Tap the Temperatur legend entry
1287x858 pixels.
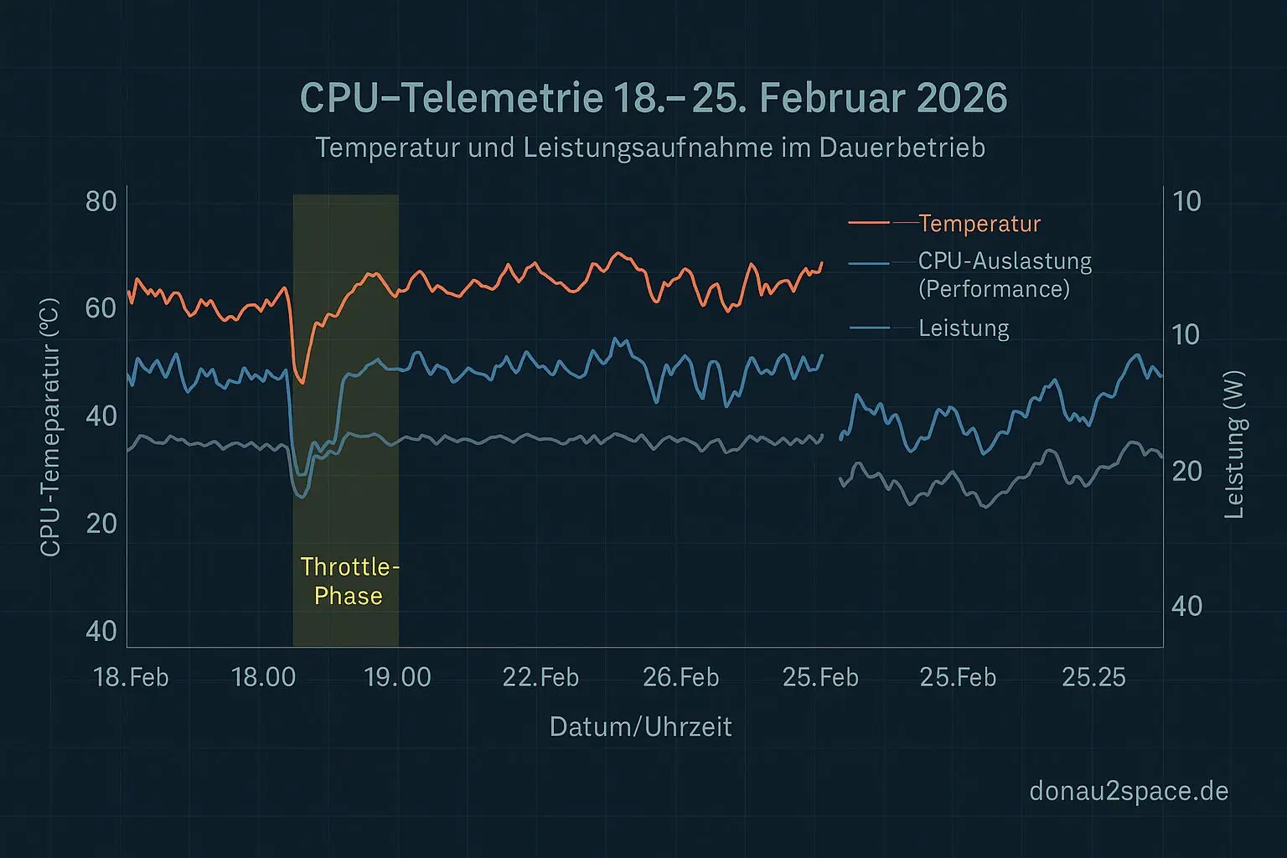pyautogui.click(x=979, y=224)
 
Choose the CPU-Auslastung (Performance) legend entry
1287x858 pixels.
pyautogui.click(x=1004, y=275)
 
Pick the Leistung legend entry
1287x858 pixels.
pyautogui.click(x=964, y=328)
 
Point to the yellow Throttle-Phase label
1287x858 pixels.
pyautogui.click(x=349, y=581)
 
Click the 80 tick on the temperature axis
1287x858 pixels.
pyautogui.click(x=101, y=202)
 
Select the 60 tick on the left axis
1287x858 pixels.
pyautogui.click(x=101, y=308)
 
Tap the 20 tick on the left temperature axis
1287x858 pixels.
pyautogui.click(x=101, y=524)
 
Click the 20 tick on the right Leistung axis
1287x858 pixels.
pyautogui.click(x=1187, y=472)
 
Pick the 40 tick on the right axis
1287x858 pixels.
pyautogui.click(x=1187, y=606)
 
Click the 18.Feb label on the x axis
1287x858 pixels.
pyautogui.click(x=132, y=677)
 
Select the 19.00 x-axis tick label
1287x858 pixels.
pyautogui.click(x=398, y=677)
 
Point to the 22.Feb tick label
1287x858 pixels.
pyautogui.click(x=540, y=677)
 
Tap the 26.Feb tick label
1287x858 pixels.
pyautogui.click(x=680, y=677)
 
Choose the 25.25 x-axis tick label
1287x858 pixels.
pyautogui.click(x=1093, y=677)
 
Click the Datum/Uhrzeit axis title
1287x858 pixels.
pyautogui.click(x=641, y=726)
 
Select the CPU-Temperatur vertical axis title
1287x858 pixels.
pyautogui.click(x=50, y=427)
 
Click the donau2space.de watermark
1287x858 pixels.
pyautogui.click(x=1129, y=791)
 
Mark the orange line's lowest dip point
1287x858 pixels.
pyautogui.click(x=302, y=383)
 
